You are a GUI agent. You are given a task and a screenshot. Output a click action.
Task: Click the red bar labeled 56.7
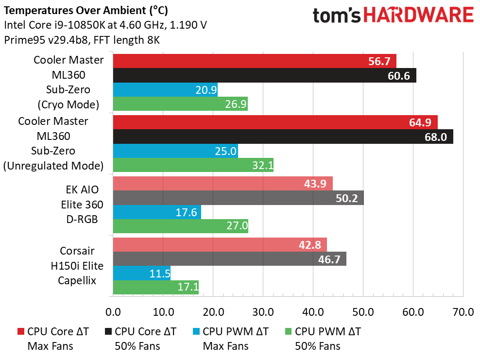pyautogui.click(x=255, y=61)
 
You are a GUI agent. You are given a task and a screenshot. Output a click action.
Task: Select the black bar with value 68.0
pyautogui.click(x=283, y=137)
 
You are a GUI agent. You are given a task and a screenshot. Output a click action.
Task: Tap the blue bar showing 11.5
pyautogui.click(x=142, y=273)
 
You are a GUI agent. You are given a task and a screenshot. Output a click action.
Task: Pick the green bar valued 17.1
pyautogui.click(x=156, y=287)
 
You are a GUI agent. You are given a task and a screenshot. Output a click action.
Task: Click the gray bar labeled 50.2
pyautogui.click(x=238, y=198)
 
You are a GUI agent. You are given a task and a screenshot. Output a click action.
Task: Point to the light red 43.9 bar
pyautogui.click(x=223, y=184)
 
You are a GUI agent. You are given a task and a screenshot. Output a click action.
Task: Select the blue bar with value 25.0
pyautogui.click(x=175, y=151)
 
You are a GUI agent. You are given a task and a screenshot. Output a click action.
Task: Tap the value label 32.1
pyautogui.click(x=262, y=166)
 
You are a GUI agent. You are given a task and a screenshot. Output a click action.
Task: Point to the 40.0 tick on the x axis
pyautogui.click(x=313, y=311)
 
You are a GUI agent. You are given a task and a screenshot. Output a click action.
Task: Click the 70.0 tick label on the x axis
pyautogui.click(x=463, y=311)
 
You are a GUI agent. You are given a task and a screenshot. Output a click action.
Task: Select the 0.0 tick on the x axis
pyautogui.click(x=113, y=311)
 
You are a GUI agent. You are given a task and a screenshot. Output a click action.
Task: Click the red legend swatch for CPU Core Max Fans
pyautogui.click(x=20, y=332)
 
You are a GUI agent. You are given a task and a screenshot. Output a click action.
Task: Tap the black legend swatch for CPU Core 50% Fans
pyautogui.click(x=108, y=332)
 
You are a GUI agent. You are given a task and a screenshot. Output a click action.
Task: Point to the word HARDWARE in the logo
pyautogui.click(x=419, y=16)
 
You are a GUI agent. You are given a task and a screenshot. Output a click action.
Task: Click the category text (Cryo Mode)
pyautogui.click(x=68, y=104)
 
